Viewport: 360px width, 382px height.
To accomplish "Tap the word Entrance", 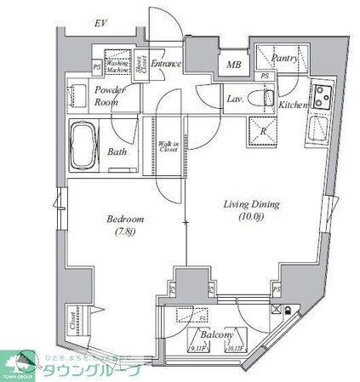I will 169,63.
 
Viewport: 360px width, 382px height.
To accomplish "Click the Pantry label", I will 283,58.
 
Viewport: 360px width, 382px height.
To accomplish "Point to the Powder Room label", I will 111,94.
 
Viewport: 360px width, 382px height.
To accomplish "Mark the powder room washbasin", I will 81,94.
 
